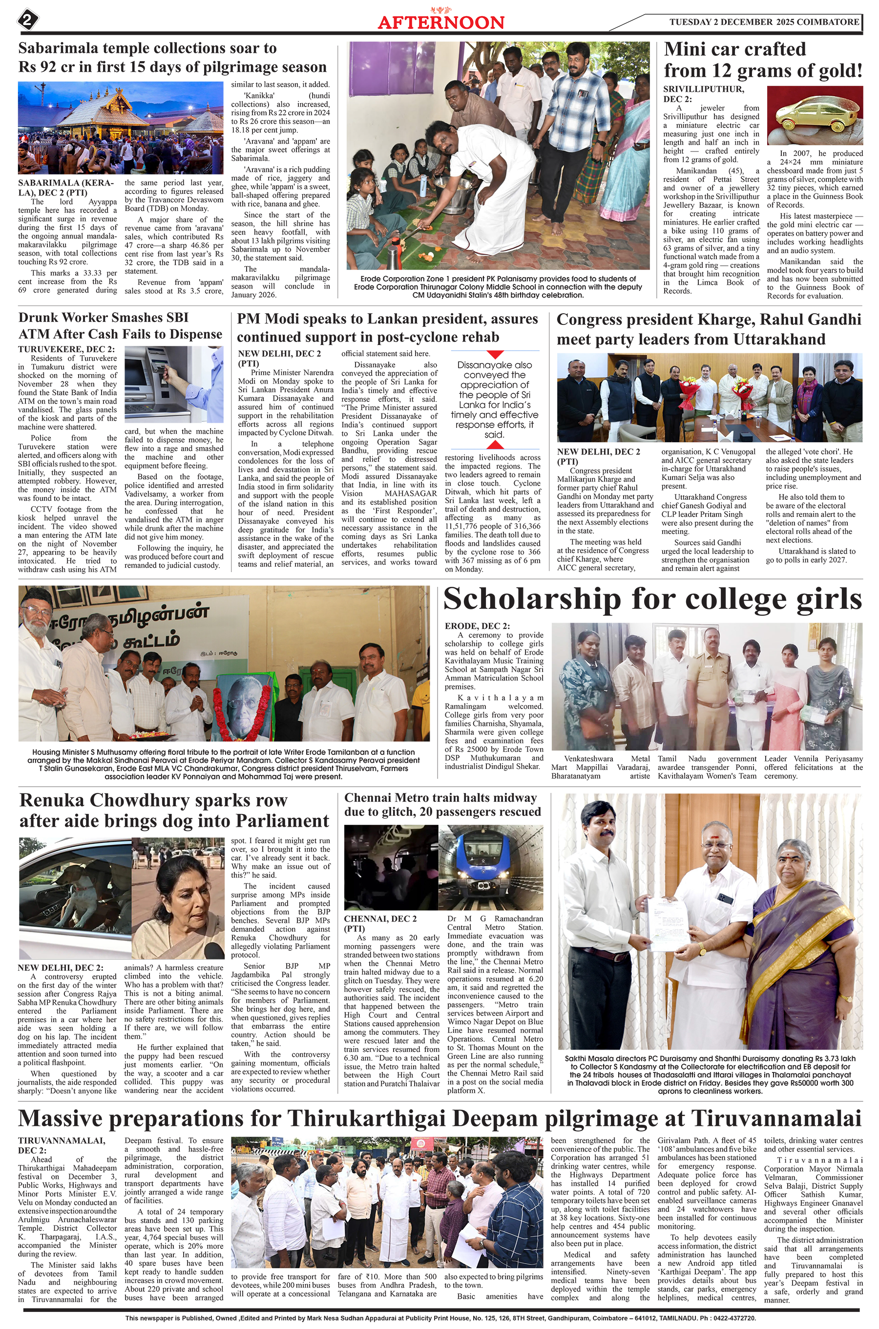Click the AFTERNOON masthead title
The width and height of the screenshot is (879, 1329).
(x=440, y=22)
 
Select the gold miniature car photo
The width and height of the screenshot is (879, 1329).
(x=814, y=115)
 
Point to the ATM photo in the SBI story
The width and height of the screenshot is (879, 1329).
(x=173, y=385)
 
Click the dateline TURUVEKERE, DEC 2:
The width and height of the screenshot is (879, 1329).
(x=66, y=349)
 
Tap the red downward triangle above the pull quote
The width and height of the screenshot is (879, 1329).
(x=494, y=355)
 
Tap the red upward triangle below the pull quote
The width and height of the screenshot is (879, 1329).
(x=494, y=445)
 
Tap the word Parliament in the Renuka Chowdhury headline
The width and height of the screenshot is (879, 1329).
(x=282, y=821)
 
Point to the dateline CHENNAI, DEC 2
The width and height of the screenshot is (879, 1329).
(x=380, y=919)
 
